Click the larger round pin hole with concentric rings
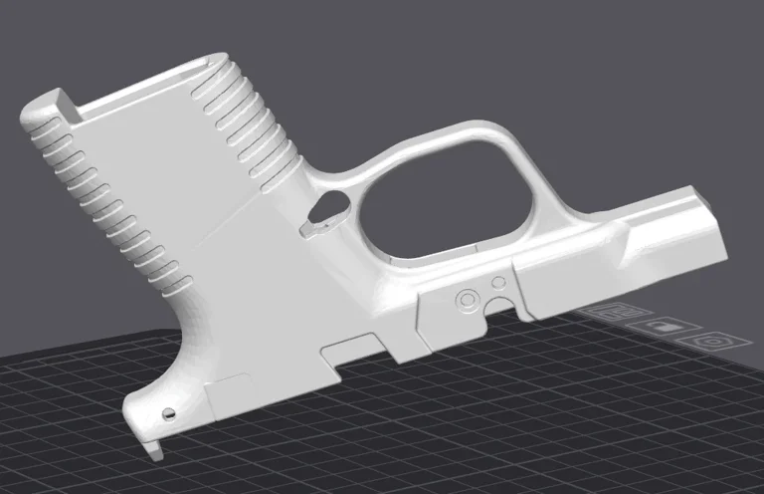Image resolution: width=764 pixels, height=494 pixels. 465,298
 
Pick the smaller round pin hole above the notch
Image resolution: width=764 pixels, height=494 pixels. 499,284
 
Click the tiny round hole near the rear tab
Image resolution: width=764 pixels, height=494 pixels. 169,412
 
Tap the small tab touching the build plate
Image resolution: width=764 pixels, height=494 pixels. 153,448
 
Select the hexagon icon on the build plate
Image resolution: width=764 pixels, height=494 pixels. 712,341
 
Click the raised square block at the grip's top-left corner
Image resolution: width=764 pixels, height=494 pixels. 58,104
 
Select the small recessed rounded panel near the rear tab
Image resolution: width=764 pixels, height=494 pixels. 231,390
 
